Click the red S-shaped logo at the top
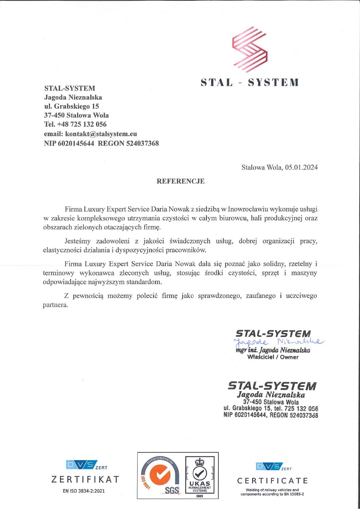pos(250,50)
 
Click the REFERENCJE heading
pos(180,181)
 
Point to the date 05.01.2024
pos(301,167)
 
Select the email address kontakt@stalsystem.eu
pos(101,134)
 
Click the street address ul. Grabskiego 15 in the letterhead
pos(71,106)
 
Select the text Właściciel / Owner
pos(273,357)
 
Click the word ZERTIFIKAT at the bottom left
pos(85,479)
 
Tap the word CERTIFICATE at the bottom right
pos(272,480)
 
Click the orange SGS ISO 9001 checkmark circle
pos(160,476)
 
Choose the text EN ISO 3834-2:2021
pos(84,491)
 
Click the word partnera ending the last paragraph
pos(55,305)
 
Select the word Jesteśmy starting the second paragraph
pos(77,241)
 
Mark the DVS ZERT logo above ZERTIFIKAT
pos(82,465)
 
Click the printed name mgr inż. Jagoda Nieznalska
pos(273,350)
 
